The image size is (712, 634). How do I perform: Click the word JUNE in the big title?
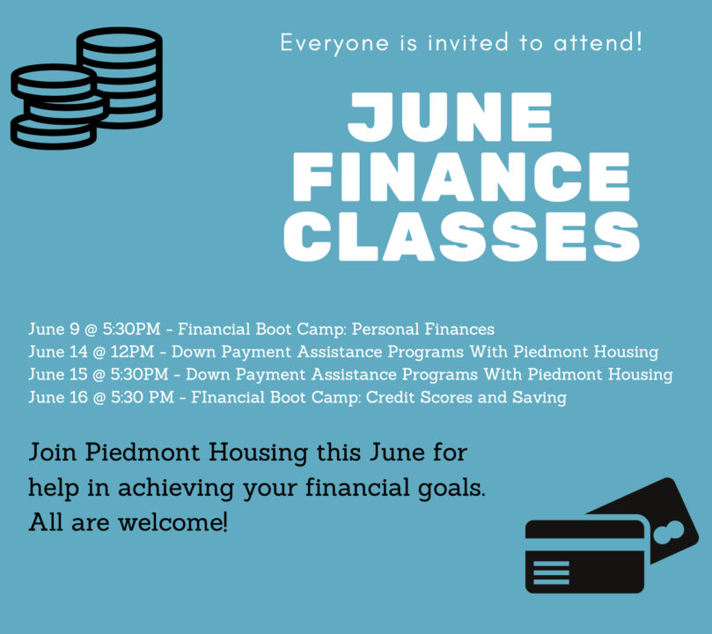click(450, 117)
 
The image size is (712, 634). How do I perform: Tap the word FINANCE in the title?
click(461, 177)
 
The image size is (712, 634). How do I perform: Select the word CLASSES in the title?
click(461, 237)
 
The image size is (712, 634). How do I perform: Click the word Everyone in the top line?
click(334, 44)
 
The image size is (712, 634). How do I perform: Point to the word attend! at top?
click(598, 42)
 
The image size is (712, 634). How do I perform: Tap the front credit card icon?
click(585, 557)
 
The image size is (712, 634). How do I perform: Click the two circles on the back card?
click(668, 532)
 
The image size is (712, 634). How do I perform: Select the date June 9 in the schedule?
click(54, 329)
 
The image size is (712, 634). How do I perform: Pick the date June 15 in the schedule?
click(58, 375)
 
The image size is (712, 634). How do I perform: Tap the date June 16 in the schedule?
click(58, 397)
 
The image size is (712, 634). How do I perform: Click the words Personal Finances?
click(423, 329)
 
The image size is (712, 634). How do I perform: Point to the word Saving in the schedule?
click(540, 398)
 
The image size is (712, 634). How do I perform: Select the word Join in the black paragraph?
click(52, 453)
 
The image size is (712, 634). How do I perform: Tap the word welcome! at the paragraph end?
click(173, 522)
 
